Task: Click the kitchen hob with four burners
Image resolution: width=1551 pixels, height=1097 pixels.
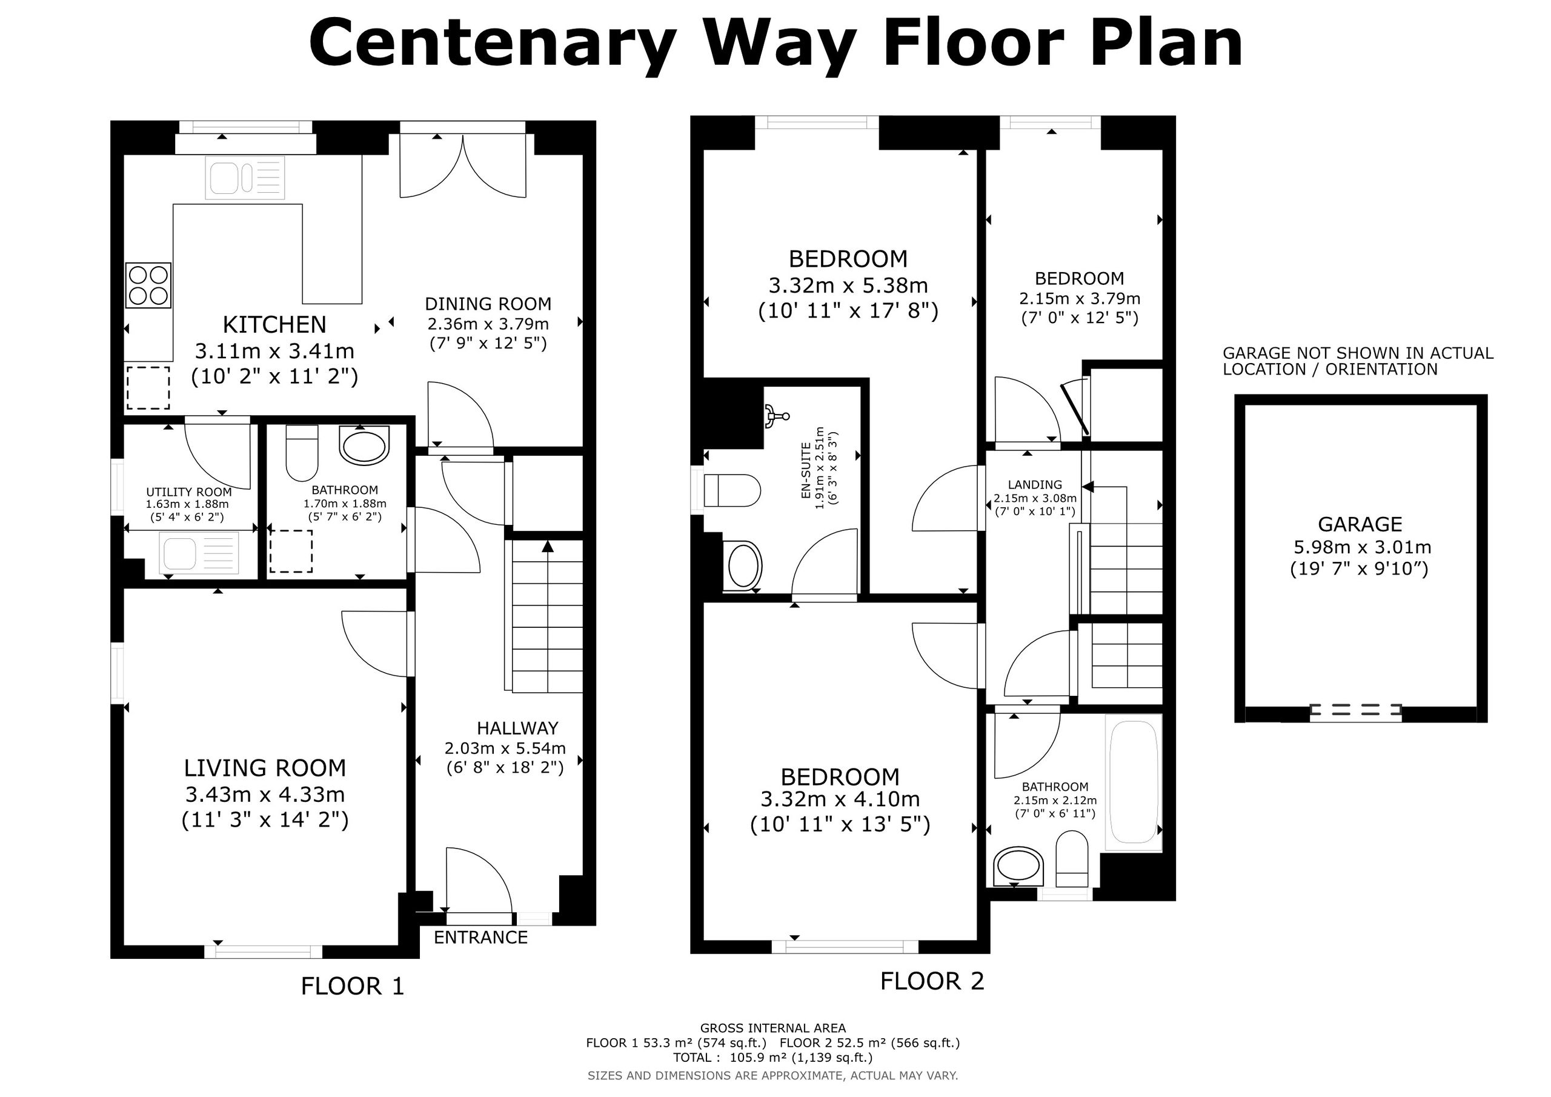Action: click(x=148, y=285)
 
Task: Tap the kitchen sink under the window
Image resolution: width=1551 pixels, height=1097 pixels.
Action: click(x=245, y=178)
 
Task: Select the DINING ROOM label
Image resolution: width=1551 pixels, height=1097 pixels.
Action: click(x=488, y=304)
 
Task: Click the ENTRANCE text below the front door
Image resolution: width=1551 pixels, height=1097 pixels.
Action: click(x=480, y=938)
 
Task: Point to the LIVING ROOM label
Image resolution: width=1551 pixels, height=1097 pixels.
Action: click(x=265, y=768)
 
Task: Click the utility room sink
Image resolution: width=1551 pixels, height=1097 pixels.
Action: click(x=200, y=553)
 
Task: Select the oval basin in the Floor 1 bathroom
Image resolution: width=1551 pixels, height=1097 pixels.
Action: click(x=364, y=445)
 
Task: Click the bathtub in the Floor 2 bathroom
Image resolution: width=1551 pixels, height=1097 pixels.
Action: click(x=1134, y=782)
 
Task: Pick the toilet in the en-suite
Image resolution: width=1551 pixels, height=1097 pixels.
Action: click(x=732, y=491)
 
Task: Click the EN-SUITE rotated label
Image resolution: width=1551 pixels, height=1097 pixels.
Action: click(x=805, y=471)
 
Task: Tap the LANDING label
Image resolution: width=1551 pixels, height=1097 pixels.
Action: click(x=1035, y=485)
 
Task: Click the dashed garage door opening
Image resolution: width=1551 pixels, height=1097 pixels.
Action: click(x=1355, y=710)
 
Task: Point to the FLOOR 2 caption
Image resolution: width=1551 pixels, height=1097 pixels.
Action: click(x=932, y=981)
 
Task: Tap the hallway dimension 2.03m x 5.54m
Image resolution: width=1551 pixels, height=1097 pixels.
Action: click(x=505, y=749)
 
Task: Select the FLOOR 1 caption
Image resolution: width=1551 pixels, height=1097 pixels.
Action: click(x=352, y=987)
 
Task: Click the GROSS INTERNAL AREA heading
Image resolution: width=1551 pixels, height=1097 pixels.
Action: click(x=773, y=1028)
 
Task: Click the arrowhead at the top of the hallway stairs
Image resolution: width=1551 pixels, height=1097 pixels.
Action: click(x=548, y=546)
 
